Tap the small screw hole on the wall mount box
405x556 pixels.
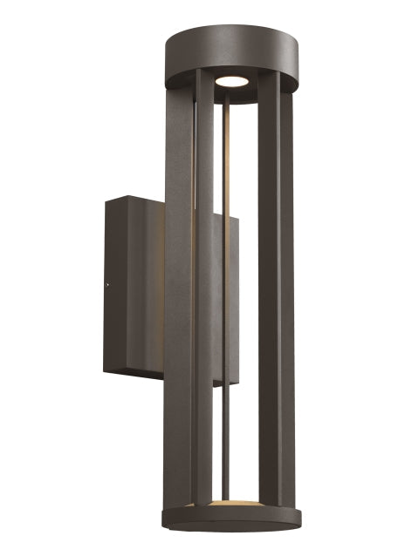pos(107,282)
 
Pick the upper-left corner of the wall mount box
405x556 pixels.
pos(106,200)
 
